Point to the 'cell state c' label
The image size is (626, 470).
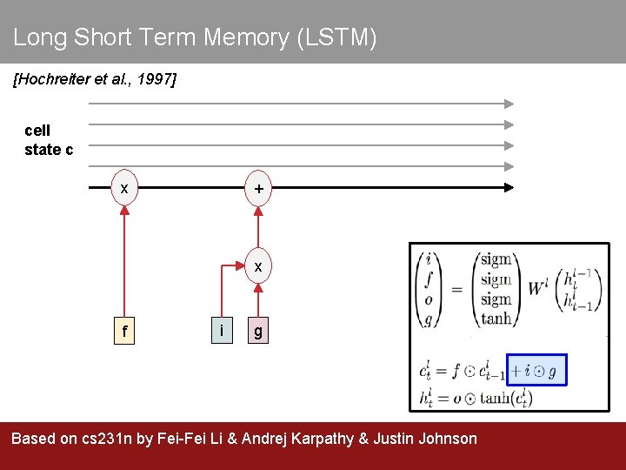(x=49, y=140)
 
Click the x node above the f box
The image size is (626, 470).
(x=124, y=189)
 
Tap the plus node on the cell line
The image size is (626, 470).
(x=258, y=189)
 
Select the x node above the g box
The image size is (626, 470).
(x=258, y=266)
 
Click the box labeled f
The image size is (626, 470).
(x=124, y=332)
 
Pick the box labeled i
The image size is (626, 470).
(x=223, y=331)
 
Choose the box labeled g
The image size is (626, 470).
(x=258, y=332)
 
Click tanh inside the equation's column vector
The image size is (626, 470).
(x=496, y=318)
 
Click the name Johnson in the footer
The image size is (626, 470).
(x=444, y=439)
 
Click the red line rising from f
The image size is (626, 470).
(x=124, y=261)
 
